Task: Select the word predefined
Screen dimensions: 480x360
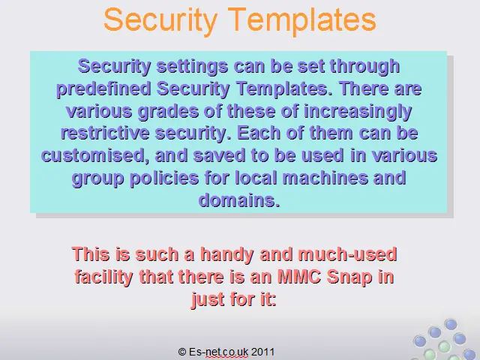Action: (x=103, y=89)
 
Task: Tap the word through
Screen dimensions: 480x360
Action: (x=364, y=67)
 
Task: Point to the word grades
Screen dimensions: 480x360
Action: (x=168, y=112)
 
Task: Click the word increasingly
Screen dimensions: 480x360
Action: (x=358, y=112)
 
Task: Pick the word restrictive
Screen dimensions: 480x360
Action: (x=105, y=133)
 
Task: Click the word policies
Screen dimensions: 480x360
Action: (x=164, y=178)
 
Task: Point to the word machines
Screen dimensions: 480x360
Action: (x=325, y=178)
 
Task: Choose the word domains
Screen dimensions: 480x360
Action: (x=239, y=200)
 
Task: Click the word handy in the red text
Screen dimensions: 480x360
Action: (x=226, y=255)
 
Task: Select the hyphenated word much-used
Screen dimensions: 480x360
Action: (x=347, y=254)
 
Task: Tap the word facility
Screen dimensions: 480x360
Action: (x=103, y=277)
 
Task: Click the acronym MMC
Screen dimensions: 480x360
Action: (x=299, y=277)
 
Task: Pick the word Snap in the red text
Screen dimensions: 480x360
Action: (x=349, y=277)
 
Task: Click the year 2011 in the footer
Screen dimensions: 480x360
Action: (x=262, y=352)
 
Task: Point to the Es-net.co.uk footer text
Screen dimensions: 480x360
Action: (x=218, y=352)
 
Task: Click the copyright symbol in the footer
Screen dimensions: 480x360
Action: (x=182, y=352)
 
